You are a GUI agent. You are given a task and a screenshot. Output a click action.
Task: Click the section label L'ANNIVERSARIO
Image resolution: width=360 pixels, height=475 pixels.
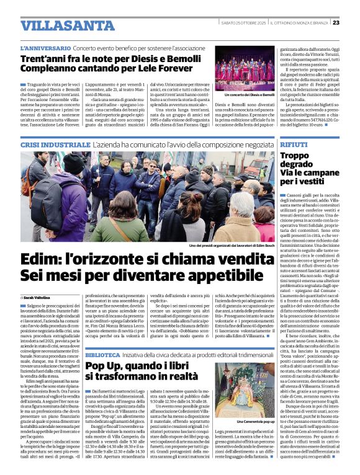pyautogui.click(x=44, y=47)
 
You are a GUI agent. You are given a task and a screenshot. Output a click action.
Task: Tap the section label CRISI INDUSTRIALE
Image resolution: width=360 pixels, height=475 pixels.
pyautogui.click(x=50, y=143)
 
